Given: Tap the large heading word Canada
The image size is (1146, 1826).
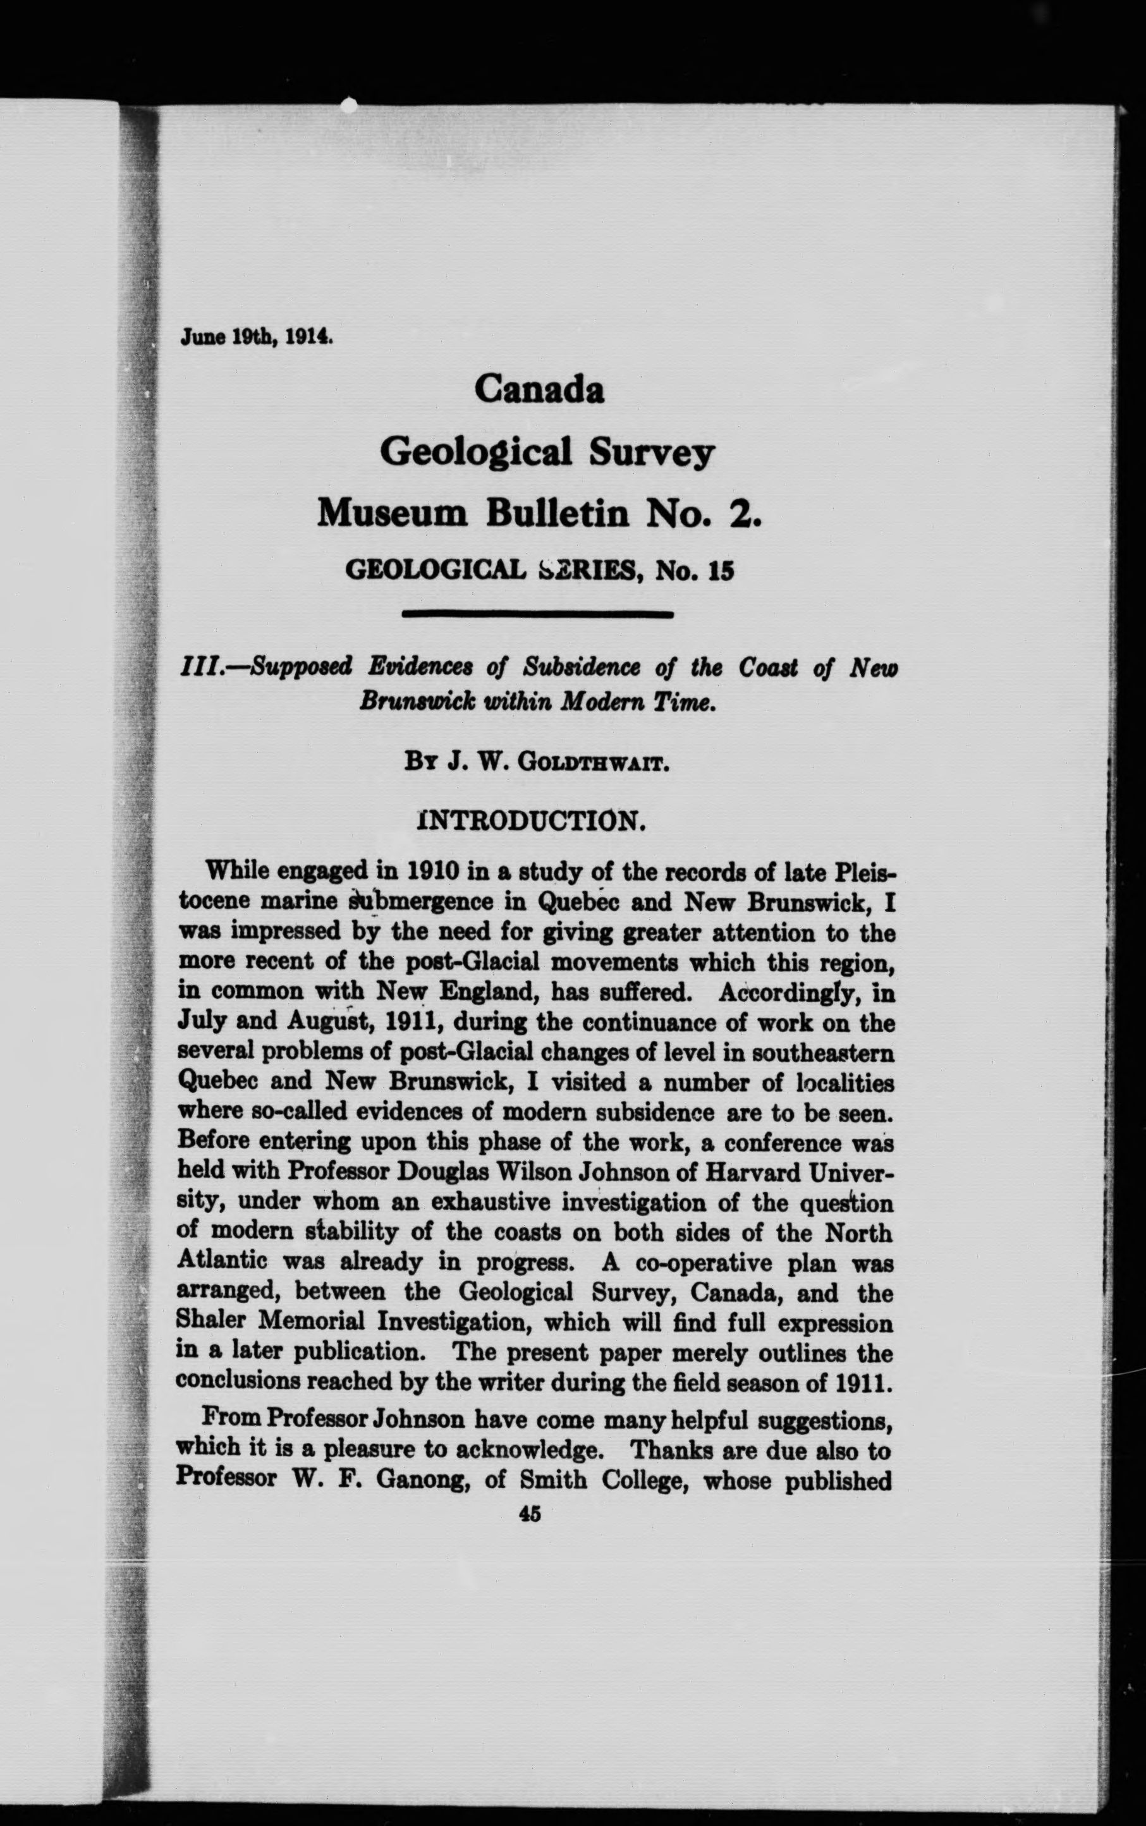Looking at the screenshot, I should [x=539, y=389].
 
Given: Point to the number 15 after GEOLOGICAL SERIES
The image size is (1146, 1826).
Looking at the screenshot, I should [x=722, y=571].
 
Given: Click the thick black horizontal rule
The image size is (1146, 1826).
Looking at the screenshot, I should [x=537, y=614].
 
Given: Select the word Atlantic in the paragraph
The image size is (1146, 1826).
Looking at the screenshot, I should [x=221, y=1262].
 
